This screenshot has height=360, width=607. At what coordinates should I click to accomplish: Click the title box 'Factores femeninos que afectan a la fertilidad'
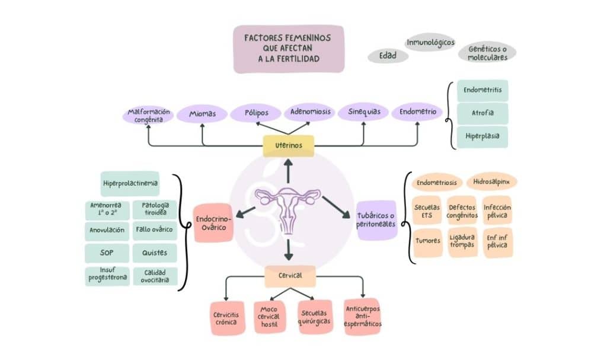click(288, 49)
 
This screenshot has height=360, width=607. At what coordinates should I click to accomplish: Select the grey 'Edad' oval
click(388, 56)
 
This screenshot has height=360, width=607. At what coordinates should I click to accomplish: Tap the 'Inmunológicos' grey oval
click(430, 42)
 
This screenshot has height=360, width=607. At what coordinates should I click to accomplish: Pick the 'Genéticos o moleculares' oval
click(487, 53)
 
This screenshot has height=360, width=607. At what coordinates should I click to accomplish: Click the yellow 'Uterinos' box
click(288, 145)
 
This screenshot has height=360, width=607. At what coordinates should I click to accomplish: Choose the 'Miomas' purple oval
click(203, 113)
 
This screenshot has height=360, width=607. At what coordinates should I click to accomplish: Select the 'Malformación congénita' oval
click(149, 115)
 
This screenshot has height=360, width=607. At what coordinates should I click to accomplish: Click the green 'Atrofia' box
click(482, 113)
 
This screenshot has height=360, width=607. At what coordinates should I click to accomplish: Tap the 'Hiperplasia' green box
click(482, 136)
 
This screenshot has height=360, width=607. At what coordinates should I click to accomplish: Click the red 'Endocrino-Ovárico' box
click(214, 223)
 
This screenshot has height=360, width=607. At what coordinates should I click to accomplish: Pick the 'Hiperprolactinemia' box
click(130, 183)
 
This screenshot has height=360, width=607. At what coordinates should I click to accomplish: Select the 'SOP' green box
click(107, 253)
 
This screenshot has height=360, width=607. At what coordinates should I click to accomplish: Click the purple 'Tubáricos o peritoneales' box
click(376, 219)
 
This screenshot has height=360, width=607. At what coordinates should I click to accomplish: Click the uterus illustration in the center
click(288, 208)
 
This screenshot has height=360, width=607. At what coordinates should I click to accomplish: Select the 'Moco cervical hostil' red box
click(270, 317)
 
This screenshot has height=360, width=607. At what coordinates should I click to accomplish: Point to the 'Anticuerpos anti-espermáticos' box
click(362, 317)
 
